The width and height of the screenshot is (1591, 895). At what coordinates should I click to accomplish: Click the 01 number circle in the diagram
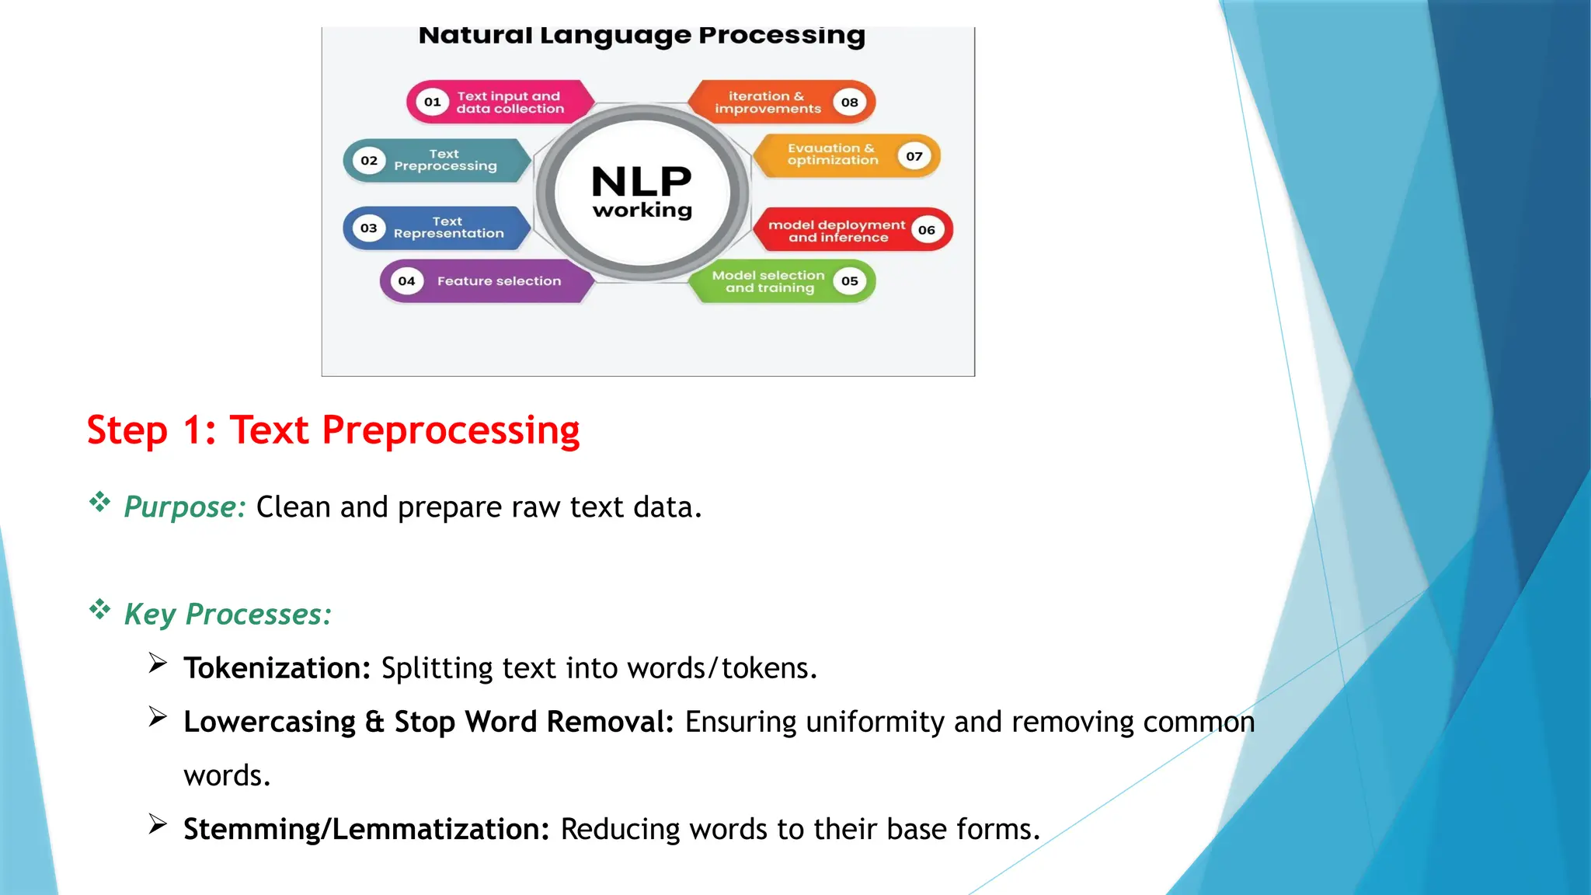pyautogui.click(x=433, y=102)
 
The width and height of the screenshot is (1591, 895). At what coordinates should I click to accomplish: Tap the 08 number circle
pyautogui.click(x=850, y=102)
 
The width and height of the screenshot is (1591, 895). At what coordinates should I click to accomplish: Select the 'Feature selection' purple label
pyautogui.click(x=499, y=281)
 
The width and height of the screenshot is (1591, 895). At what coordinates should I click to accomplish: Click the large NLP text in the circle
pyautogui.click(x=642, y=182)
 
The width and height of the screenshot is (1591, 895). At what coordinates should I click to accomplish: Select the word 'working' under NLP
pyautogui.click(x=642, y=211)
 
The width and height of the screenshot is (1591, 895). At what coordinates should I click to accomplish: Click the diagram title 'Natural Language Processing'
pyautogui.click(x=642, y=36)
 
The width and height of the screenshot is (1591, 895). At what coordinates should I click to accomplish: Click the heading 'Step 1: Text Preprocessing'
pyautogui.click(x=333, y=430)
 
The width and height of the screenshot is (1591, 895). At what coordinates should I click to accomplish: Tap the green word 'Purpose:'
pyautogui.click(x=185, y=507)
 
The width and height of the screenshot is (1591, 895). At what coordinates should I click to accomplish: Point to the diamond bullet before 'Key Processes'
pyautogui.click(x=99, y=609)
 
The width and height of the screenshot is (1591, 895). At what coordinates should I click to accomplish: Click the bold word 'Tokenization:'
pyautogui.click(x=277, y=668)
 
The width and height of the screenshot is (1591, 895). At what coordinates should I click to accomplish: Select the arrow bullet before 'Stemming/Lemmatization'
pyautogui.click(x=158, y=824)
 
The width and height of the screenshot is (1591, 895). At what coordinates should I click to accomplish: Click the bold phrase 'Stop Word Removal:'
pyautogui.click(x=534, y=722)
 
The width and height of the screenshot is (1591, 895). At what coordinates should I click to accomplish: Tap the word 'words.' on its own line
pyautogui.click(x=227, y=775)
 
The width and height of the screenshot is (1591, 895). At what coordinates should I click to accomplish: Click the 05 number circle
pyautogui.click(x=850, y=281)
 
